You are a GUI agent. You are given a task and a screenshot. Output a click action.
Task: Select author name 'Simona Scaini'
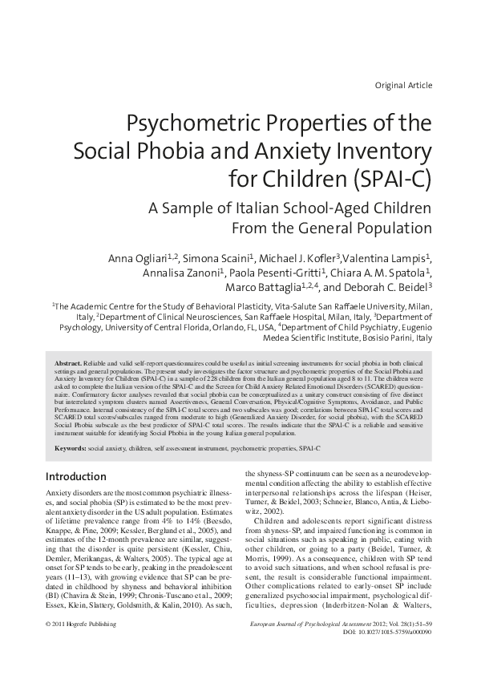pyautogui.click(x=215, y=259)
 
